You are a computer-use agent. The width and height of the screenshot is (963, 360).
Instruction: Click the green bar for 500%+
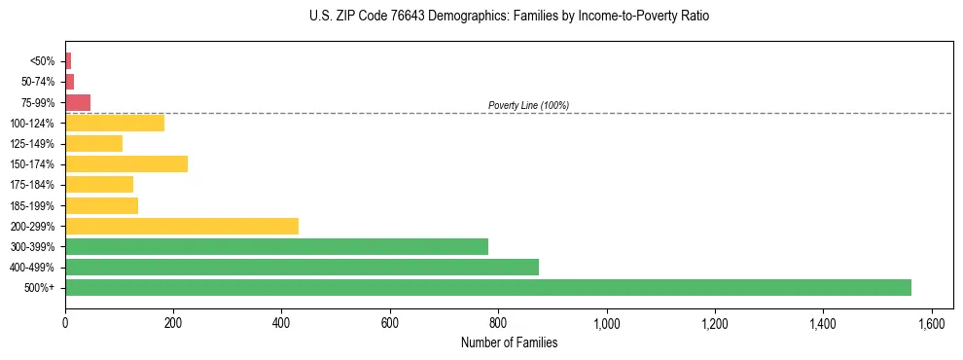click(x=487, y=287)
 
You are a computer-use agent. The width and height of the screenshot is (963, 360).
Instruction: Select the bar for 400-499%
click(x=302, y=267)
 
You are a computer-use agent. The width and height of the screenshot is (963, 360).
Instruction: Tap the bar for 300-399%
click(x=276, y=246)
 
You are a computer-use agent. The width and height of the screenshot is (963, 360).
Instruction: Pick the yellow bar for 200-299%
click(x=182, y=226)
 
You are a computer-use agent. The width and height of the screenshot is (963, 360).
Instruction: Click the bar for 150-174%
click(x=126, y=164)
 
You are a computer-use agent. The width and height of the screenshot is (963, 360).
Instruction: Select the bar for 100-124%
click(x=115, y=123)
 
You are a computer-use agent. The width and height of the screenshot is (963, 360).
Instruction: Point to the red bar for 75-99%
click(x=78, y=102)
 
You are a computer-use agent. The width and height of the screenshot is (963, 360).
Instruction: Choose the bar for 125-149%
click(x=94, y=144)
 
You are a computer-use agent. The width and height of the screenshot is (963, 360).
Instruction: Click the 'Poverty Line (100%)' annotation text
click(x=528, y=105)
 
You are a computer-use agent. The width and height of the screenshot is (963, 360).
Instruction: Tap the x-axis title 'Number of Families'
click(x=509, y=342)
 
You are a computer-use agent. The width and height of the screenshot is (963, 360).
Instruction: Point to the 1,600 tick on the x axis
click(x=932, y=322)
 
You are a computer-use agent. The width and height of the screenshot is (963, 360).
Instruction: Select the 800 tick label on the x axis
click(x=498, y=322)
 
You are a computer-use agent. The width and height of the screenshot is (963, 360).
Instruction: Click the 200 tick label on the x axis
click(x=173, y=322)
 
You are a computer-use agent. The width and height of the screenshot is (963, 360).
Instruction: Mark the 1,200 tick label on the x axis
click(x=715, y=322)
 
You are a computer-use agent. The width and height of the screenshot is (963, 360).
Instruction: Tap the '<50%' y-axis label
click(x=43, y=61)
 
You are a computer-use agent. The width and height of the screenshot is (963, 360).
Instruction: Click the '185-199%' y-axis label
click(x=32, y=205)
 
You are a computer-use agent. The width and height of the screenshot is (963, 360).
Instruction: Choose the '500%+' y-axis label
click(x=39, y=288)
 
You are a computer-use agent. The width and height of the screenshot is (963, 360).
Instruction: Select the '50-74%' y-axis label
click(x=38, y=82)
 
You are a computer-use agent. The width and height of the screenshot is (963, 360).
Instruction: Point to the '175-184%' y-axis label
click(x=32, y=185)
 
